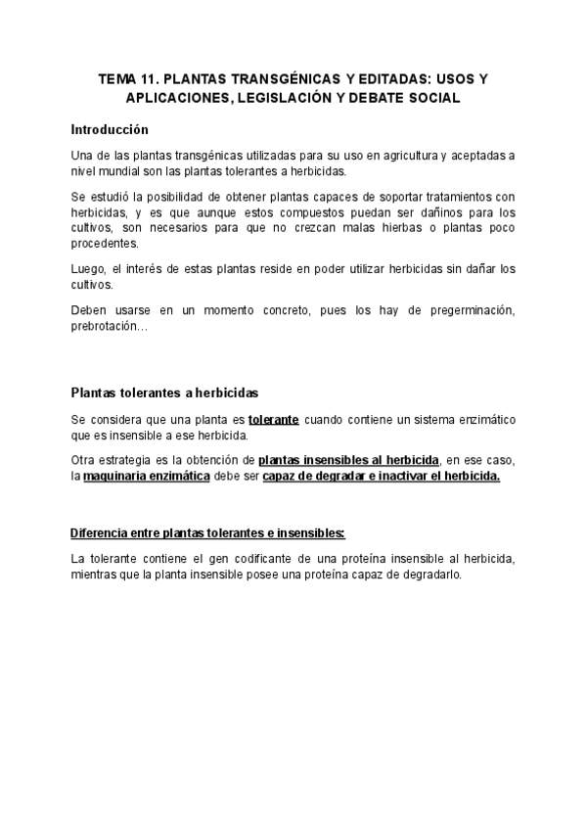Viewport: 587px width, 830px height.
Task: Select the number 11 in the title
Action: click(x=149, y=80)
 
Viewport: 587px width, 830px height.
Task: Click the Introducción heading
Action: click(x=110, y=128)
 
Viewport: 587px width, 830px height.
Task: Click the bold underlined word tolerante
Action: click(x=274, y=419)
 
